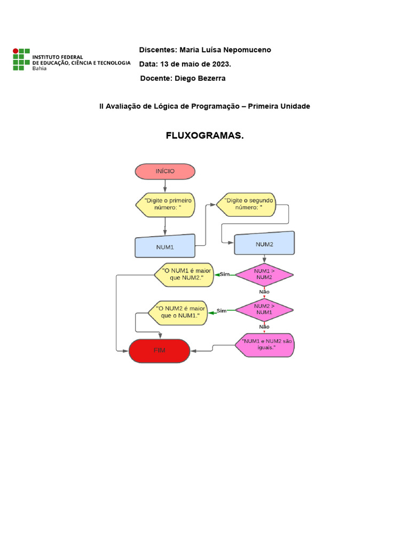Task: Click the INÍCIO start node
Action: (165, 171)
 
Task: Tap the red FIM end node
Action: (160, 351)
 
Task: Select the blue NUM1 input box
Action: (165, 247)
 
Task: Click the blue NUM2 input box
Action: (264, 244)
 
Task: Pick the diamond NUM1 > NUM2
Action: (264, 274)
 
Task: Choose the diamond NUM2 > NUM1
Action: (264, 309)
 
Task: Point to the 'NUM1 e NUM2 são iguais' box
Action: (265, 344)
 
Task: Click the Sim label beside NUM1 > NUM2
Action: (225, 274)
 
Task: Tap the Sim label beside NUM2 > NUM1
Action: (222, 310)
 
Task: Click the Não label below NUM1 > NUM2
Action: (264, 292)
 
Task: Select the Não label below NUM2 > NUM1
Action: (264, 326)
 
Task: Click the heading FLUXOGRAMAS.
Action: (204, 136)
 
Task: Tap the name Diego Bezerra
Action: (200, 79)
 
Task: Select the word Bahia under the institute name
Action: (40, 68)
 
